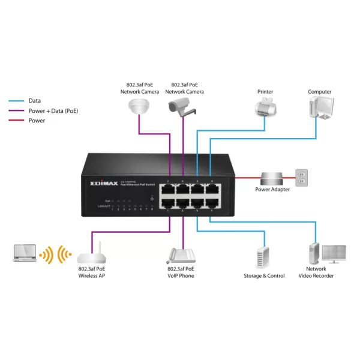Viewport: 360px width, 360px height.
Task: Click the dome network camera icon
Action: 139,106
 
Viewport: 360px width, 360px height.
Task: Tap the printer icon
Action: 265,108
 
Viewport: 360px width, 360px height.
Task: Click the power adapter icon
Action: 273,178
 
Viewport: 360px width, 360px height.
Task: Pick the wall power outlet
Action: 302,176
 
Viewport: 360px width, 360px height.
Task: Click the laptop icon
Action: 26,253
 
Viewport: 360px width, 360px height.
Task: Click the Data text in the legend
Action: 34,101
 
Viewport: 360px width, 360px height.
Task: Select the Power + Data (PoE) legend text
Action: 53,111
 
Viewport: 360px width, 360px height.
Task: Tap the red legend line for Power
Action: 16,121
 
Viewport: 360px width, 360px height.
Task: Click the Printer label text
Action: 265,92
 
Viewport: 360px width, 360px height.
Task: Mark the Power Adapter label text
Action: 272,190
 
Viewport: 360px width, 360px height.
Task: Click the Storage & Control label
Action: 264,276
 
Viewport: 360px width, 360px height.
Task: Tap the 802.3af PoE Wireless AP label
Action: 92,272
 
